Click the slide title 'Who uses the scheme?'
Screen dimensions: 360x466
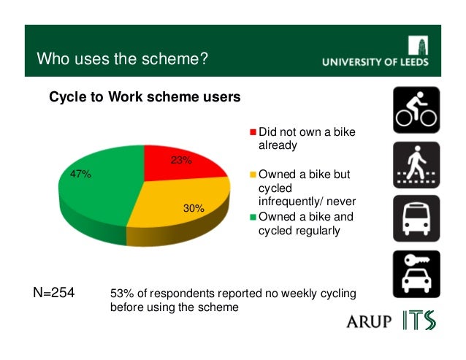point(123,58)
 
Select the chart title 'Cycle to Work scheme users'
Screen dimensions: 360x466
point(144,97)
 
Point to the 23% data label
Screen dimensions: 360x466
point(181,161)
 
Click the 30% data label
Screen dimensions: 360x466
point(194,208)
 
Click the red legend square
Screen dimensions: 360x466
point(253,132)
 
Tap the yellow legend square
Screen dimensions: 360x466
point(253,175)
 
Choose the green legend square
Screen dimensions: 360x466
point(253,217)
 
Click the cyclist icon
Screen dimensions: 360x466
point(416,110)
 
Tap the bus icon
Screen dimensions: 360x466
point(416,219)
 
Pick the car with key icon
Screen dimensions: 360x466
point(416,274)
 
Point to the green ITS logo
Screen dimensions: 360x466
point(419,320)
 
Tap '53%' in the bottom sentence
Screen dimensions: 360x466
point(121,294)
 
